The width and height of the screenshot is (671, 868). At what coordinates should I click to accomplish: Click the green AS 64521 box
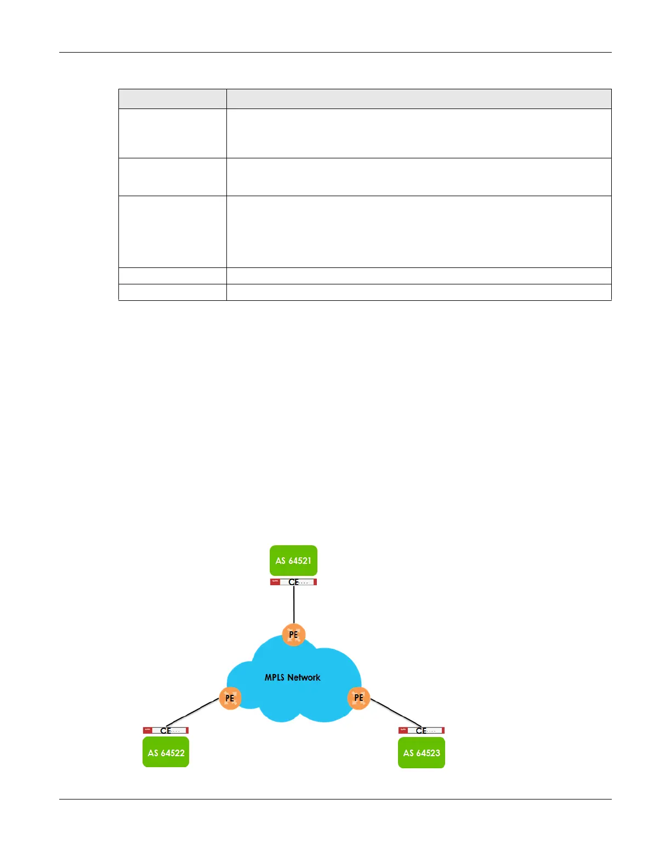tap(293, 560)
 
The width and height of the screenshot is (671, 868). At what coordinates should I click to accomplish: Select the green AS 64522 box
tap(166, 752)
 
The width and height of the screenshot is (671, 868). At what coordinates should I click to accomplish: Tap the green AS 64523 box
tap(421, 752)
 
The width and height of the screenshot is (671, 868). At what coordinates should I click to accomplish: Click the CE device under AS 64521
tap(294, 582)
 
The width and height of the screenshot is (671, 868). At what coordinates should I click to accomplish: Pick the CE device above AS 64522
tap(166, 730)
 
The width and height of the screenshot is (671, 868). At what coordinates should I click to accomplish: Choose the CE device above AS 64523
tap(421, 730)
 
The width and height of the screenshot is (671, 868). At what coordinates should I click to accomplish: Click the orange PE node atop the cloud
tap(293, 635)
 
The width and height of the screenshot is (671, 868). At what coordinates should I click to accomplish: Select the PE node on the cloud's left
tap(230, 698)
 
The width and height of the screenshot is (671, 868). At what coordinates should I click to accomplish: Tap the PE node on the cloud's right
tap(359, 698)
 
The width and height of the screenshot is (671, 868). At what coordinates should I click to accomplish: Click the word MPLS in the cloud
tap(275, 678)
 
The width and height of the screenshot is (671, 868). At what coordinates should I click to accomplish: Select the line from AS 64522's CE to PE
tap(192, 713)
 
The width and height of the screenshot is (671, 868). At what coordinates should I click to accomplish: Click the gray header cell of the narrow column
tap(172, 99)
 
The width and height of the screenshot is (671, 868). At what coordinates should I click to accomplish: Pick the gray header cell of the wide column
tap(419, 99)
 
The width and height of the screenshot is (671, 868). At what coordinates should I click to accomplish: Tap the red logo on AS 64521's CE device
tap(275, 582)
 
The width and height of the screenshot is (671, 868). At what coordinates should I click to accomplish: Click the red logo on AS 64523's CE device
tap(403, 730)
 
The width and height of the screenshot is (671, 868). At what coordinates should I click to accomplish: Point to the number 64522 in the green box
tap(173, 753)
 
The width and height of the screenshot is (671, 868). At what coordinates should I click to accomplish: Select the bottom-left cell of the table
tap(172, 292)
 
